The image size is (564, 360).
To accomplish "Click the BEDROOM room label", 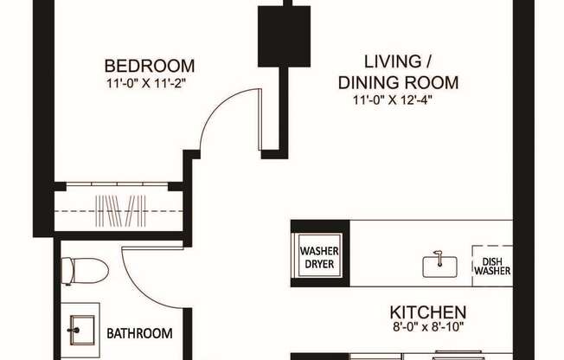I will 149,66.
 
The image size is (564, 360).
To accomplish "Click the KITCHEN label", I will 428,312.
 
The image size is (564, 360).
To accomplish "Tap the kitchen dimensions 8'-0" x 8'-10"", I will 428,328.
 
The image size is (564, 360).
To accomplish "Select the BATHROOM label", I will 138,333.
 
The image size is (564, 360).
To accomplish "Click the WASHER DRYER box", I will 319,258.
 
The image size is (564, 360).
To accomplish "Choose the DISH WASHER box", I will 491,263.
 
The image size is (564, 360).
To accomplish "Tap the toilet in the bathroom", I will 87,270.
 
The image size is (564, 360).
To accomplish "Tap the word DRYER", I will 319,265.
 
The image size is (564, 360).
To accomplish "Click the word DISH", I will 491,257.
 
